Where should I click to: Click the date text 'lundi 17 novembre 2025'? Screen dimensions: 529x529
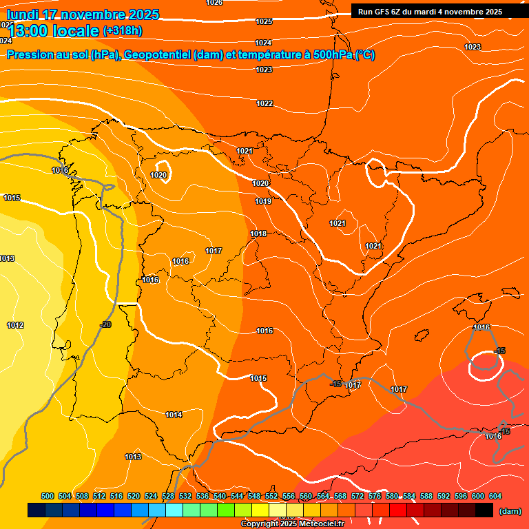click(x=83, y=14)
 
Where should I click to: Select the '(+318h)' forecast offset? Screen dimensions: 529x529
click(x=123, y=31)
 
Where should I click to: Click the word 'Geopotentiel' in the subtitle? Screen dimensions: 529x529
click(x=157, y=55)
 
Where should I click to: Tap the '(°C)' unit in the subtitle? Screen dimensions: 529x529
click(x=365, y=55)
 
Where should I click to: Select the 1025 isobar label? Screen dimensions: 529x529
click(x=264, y=21)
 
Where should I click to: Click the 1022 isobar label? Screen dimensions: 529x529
click(x=264, y=103)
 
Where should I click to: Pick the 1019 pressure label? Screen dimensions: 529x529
click(x=263, y=201)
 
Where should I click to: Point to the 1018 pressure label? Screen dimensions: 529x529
click(x=258, y=234)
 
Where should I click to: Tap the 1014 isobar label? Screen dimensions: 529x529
click(x=174, y=415)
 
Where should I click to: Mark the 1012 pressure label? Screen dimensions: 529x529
click(x=15, y=325)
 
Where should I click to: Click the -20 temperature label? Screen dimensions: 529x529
click(x=105, y=324)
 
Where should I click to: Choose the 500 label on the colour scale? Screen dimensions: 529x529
click(x=48, y=496)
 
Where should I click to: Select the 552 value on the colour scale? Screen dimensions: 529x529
click(x=271, y=496)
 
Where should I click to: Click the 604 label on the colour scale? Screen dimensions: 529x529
click(x=495, y=496)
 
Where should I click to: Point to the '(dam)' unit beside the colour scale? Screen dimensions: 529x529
click(x=510, y=511)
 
